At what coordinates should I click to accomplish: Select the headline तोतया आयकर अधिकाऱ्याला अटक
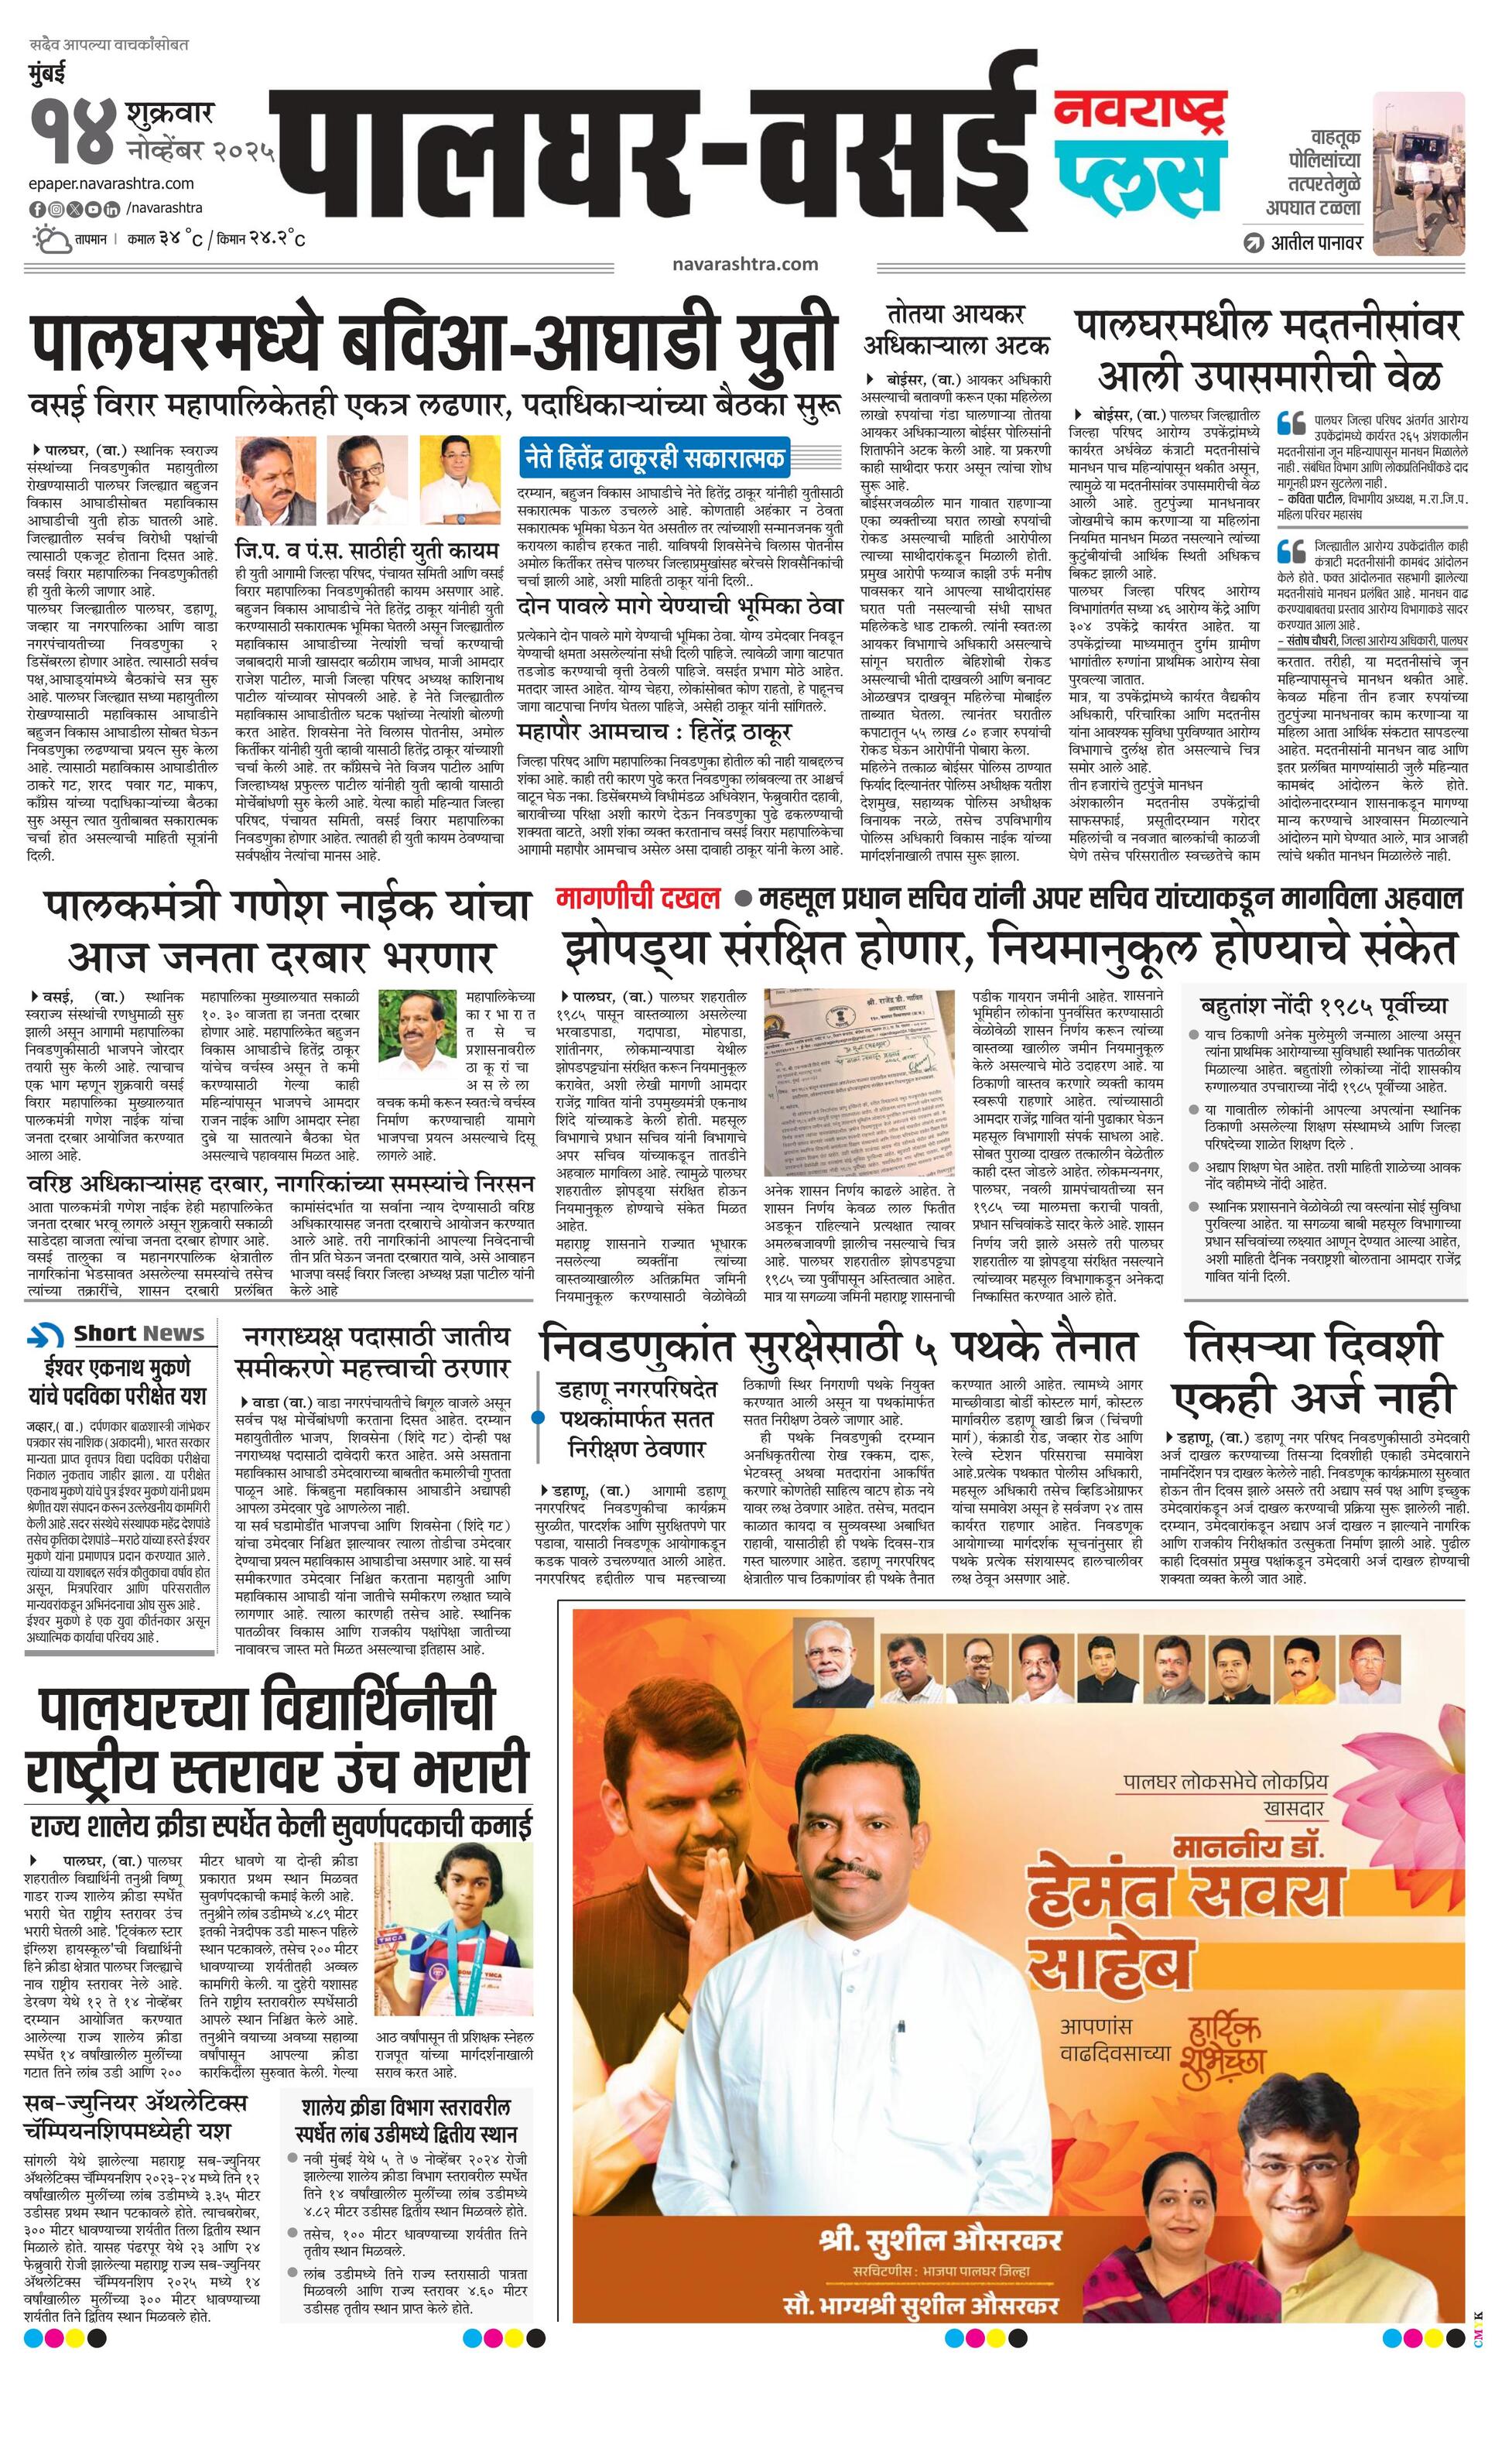click(x=956, y=330)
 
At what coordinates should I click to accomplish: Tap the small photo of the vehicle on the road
click(x=1418, y=170)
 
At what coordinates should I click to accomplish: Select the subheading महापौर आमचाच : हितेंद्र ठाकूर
click(x=655, y=732)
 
